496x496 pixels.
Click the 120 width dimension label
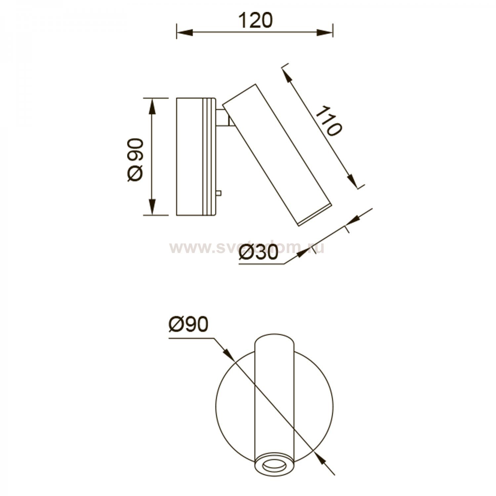254,21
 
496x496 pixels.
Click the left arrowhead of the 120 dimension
184,32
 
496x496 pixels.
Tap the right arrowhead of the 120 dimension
324,32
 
